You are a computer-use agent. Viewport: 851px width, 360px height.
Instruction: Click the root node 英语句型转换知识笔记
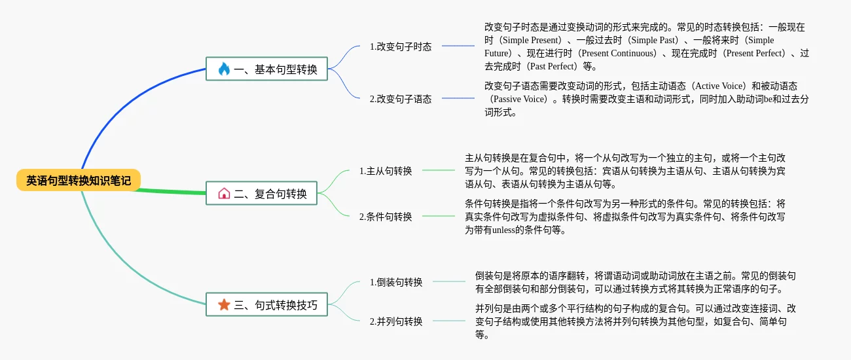[x=79, y=180]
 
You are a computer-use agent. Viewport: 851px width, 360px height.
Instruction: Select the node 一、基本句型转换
[x=266, y=69]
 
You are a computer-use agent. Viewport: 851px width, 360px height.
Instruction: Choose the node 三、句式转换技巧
[x=266, y=304]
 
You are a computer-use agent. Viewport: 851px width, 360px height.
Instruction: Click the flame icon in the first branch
[x=224, y=69]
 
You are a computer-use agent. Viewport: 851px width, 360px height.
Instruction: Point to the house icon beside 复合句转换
[x=224, y=194]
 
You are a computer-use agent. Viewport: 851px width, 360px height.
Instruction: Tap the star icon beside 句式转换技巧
[x=224, y=304]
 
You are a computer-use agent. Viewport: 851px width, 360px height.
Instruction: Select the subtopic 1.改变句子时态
[x=401, y=46]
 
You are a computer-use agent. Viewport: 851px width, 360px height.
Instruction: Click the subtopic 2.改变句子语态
[x=401, y=99]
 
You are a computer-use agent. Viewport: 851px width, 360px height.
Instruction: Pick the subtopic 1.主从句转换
[x=386, y=171]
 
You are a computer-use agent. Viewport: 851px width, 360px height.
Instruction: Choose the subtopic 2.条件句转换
[x=386, y=217]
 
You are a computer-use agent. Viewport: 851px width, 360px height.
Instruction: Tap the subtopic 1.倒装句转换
[x=396, y=282]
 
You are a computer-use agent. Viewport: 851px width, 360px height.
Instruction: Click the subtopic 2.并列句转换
[x=396, y=321]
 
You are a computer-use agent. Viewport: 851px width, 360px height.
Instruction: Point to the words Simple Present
[x=534, y=40]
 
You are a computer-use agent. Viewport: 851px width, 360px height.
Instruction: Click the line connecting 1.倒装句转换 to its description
[x=449, y=281]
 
